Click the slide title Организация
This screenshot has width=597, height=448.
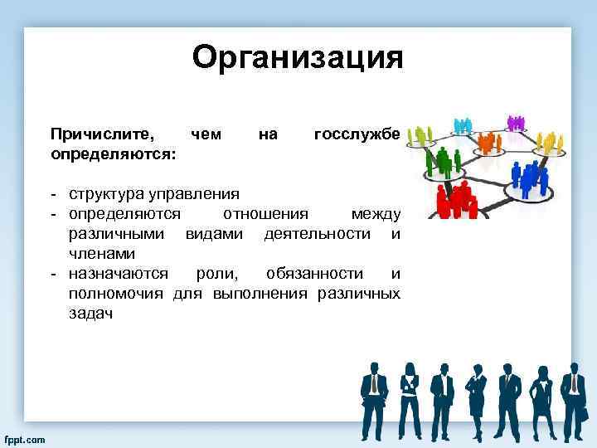(x=297, y=58)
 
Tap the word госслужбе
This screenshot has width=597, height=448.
(x=357, y=134)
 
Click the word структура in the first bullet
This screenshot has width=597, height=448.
(x=106, y=194)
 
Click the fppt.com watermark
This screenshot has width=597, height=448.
(x=25, y=437)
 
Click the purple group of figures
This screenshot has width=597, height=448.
(x=516, y=122)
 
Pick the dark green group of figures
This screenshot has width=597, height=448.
(x=446, y=161)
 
